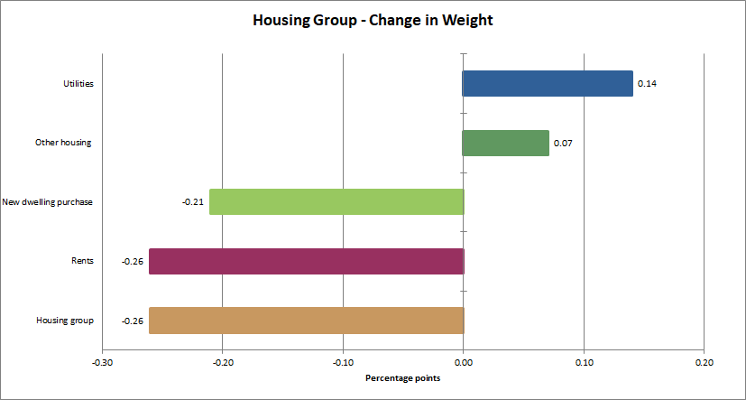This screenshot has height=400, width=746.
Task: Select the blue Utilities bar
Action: (548, 83)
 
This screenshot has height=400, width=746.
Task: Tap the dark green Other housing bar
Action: (505, 143)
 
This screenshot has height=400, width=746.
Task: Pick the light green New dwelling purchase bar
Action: (336, 201)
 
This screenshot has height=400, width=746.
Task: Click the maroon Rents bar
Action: (306, 261)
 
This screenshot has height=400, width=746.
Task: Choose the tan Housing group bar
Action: (306, 321)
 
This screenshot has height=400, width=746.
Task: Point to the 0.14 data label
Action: (647, 84)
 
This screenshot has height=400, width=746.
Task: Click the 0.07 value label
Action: (563, 144)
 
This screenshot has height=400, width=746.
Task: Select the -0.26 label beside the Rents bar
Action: (134, 262)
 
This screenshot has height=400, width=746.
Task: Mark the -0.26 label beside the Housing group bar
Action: (134, 321)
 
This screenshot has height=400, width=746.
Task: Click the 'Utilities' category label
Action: (78, 84)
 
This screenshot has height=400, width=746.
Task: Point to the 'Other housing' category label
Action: (63, 143)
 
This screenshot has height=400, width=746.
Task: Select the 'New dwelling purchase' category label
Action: (48, 202)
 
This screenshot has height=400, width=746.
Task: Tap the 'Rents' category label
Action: (83, 262)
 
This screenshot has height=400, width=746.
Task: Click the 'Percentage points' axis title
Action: (403, 377)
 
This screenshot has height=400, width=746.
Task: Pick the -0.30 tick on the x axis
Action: (102, 362)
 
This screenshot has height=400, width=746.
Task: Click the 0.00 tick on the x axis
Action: (464, 362)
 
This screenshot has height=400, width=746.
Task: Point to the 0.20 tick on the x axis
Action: (705, 362)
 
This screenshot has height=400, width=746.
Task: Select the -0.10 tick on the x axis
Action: (343, 362)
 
